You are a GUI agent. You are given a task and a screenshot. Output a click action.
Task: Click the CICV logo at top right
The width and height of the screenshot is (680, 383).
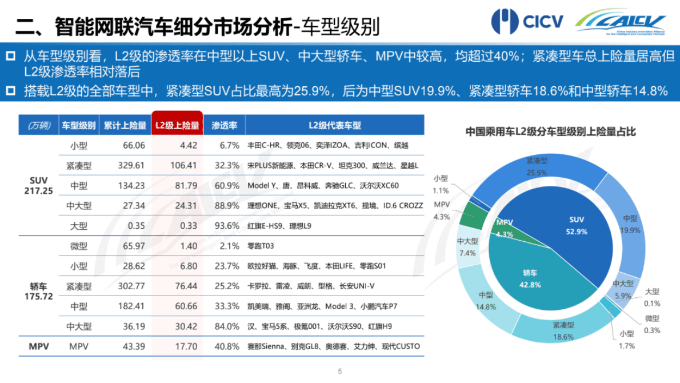(527, 22)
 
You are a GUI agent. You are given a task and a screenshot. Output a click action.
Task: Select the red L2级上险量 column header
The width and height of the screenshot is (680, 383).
(177, 125)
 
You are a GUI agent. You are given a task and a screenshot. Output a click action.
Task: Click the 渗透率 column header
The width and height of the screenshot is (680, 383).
(224, 125)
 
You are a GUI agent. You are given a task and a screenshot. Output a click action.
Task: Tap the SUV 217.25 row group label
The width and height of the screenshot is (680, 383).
(39, 185)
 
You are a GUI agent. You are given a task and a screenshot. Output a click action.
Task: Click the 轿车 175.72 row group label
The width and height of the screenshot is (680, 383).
(39, 291)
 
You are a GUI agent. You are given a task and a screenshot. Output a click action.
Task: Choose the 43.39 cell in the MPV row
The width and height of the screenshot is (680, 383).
(134, 346)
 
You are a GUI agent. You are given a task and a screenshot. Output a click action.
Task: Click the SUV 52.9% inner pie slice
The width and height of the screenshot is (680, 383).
(577, 226)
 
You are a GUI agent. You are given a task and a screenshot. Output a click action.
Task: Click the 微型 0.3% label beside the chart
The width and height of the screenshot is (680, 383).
(652, 324)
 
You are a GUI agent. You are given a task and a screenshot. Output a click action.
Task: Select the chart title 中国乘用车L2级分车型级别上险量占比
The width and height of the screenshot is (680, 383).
(550, 132)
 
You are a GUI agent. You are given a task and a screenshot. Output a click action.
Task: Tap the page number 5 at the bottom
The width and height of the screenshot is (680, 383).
(340, 371)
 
